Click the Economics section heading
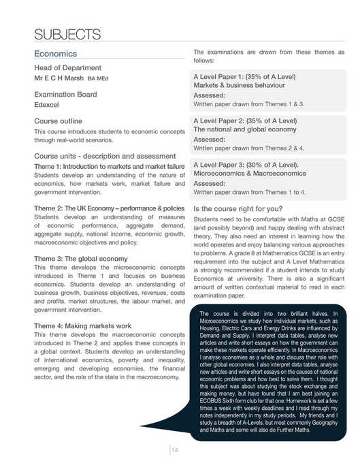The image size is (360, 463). click(x=57, y=53)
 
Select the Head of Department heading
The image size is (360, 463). click(x=67, y=67)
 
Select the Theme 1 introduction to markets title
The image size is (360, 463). click(x=109, y=167)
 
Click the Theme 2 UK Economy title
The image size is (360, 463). click(x=109, y=207)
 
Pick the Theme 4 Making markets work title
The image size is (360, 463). click(x=84, y=325)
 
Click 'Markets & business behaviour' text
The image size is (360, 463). click(x=238, y=85)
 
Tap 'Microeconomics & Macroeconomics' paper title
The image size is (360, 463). click(x=250, y=174)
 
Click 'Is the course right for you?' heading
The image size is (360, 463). click(x=242, y=209)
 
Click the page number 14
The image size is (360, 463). click(x=175, y=449)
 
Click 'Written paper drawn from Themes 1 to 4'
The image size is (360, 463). click(x=250, y=192)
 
